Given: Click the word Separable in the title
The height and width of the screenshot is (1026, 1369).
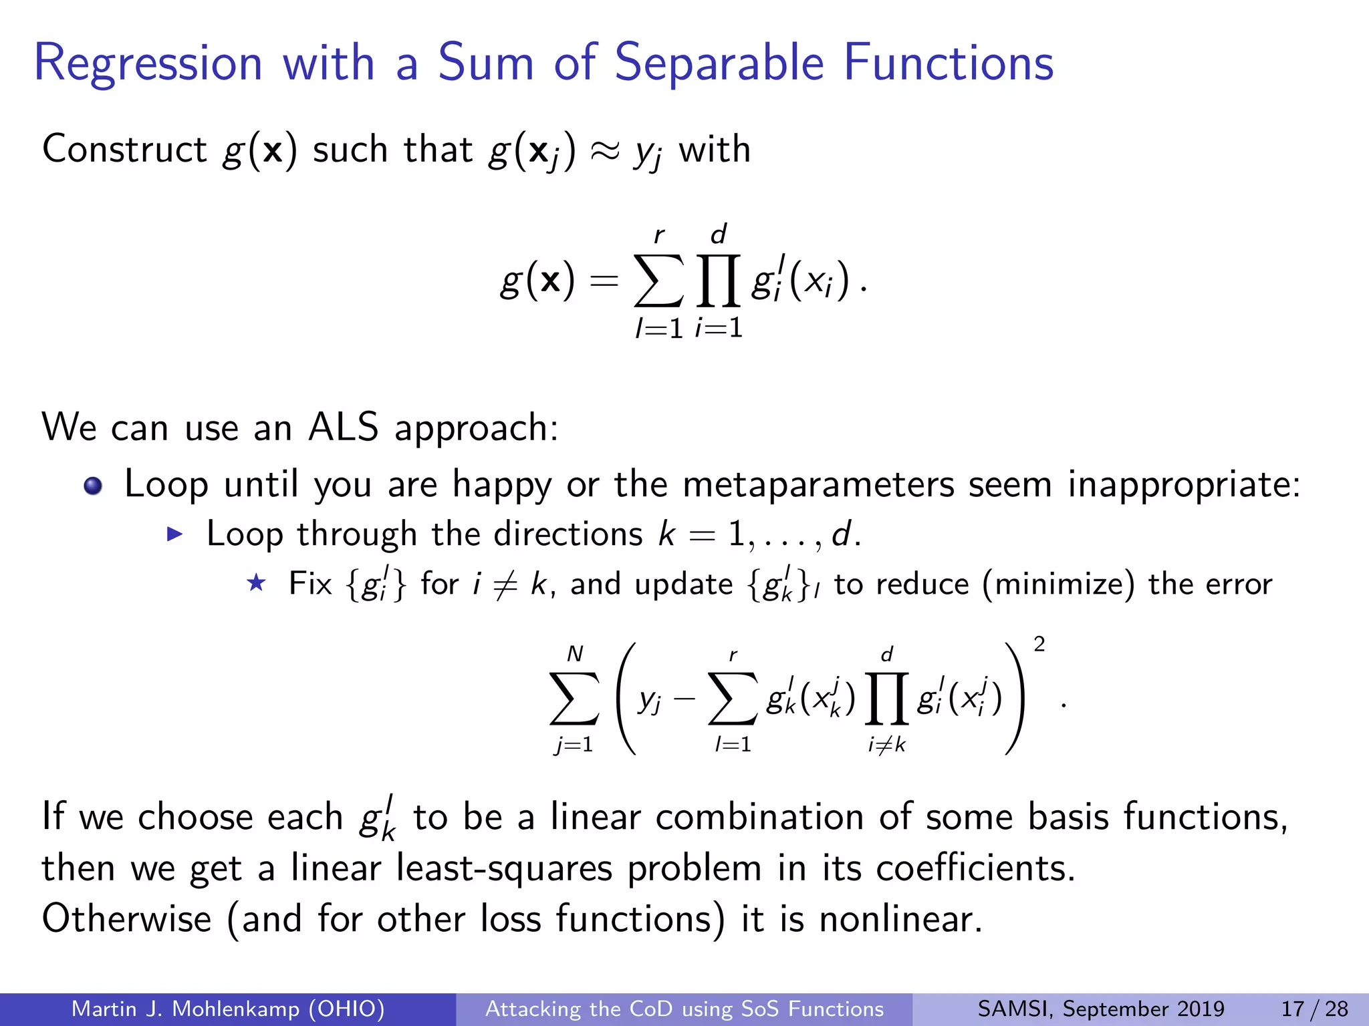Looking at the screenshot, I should pyautogui.click(x=719, y=63).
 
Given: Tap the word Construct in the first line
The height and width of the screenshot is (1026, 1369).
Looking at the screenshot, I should pyautogui.click(x=124, y=149).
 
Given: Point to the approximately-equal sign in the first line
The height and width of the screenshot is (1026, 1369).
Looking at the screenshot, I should pyautogui.click(x=604, y=151).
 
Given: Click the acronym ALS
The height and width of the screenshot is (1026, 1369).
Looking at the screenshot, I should pyautogui.click(x=343, y=427).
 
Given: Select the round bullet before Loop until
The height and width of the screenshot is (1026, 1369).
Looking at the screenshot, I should pyautogui.click(x=94, y=486).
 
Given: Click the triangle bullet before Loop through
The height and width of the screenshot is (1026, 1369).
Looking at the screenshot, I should pyautogui.click(x=174, y=534).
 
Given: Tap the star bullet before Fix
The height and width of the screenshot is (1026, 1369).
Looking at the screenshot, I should pyautogui.click(x=256, y=583).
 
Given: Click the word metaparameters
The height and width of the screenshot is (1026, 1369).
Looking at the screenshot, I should pyautogui.click(x=818, y=484).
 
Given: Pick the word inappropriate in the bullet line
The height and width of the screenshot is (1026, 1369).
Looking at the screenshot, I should pyautogui.click(x=1184, y=486).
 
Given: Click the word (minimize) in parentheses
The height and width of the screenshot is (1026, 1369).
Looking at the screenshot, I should pyautogui.click(x=1058, y=584).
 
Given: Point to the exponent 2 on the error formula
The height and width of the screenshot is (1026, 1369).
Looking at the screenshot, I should pyautogui.click(x=1039, y=644).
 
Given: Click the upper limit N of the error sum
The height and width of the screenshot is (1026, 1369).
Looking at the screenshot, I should pyautogui.click(x=575, y=653).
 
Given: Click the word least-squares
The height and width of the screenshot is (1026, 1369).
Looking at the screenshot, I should pyautogui.click(x=504, y=868).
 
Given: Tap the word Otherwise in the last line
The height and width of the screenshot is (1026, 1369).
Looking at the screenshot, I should pyautogui.click(x=126, y=918).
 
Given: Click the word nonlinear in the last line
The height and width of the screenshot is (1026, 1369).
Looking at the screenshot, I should pyautogui.click(x=900, y=919).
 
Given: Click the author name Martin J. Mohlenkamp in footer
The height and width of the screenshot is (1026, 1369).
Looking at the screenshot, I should pyautogui.click(x=186, y=1009).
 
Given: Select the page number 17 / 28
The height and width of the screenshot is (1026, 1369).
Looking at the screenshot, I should pyautogui.click(x=1314, y=1009).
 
